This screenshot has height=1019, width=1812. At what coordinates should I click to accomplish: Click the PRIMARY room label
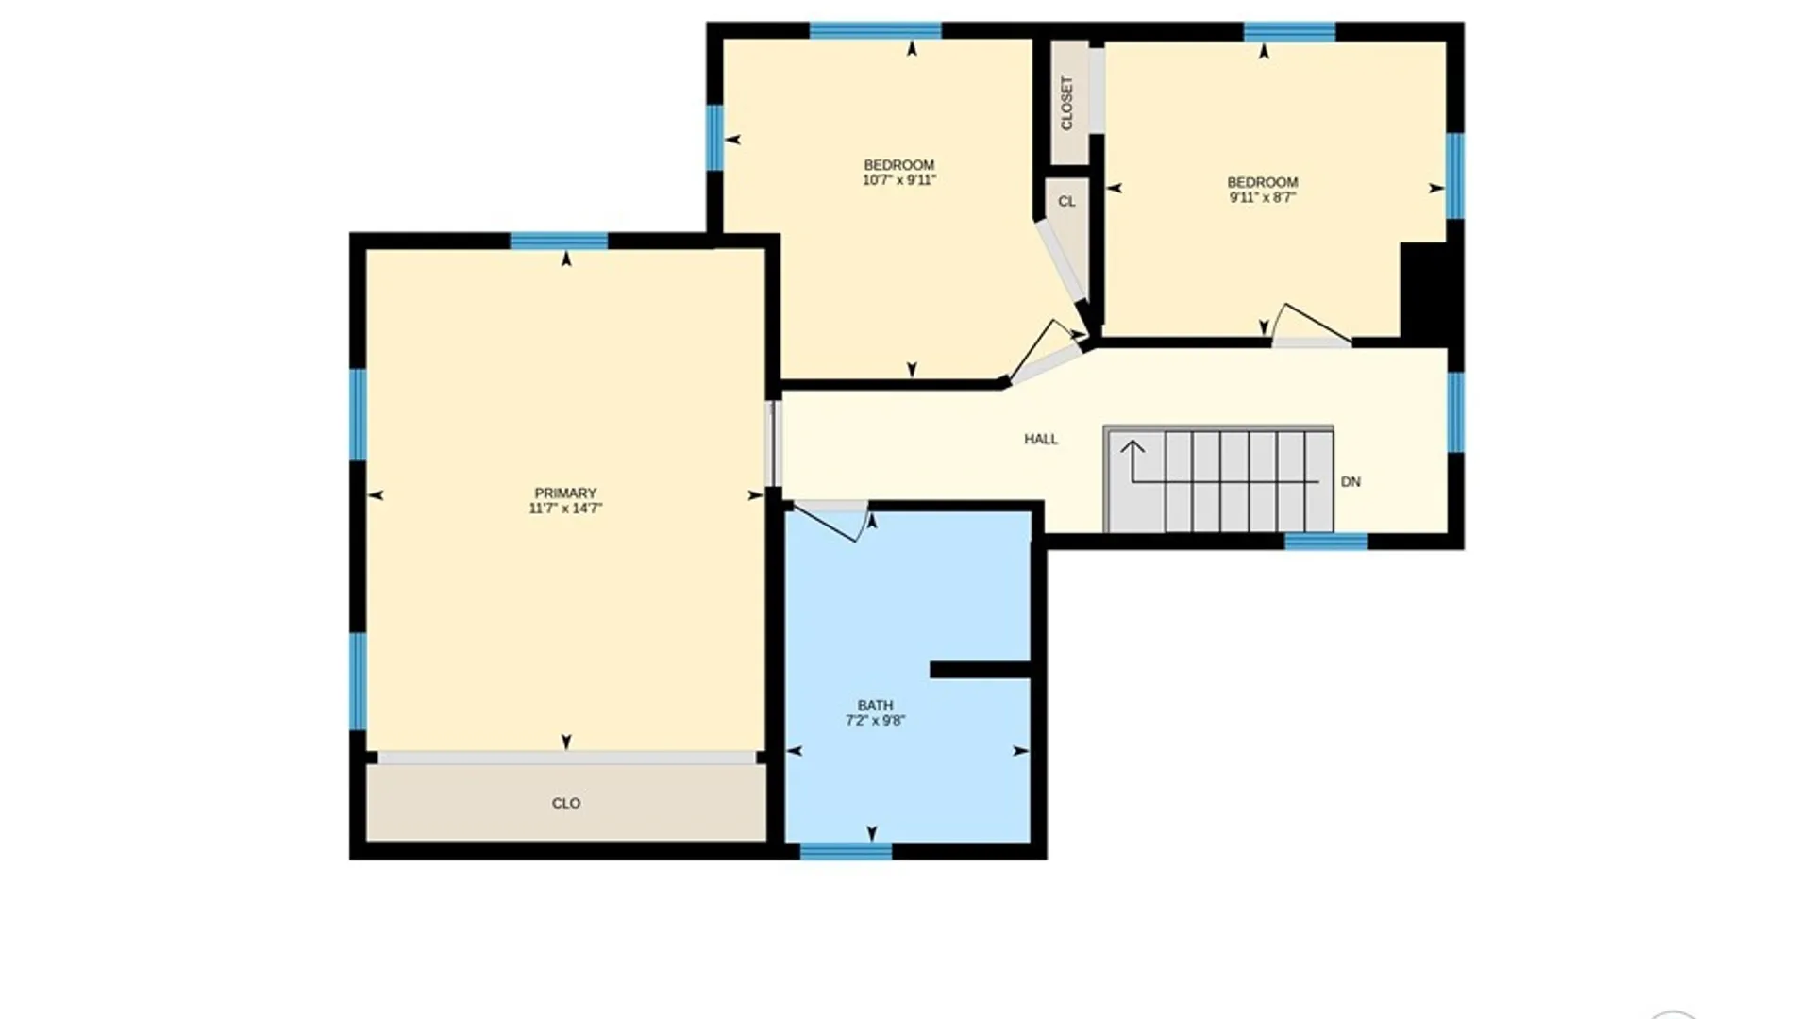(565, 493)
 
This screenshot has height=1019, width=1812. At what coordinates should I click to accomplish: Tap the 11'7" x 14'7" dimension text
(565, 509)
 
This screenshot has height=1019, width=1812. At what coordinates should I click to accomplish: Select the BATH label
(875, 705)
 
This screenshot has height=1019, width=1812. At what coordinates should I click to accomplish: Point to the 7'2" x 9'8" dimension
(875, 721)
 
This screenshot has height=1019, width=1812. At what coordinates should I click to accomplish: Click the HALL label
(1041, 439)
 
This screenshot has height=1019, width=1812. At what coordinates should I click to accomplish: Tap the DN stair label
(1351, 481)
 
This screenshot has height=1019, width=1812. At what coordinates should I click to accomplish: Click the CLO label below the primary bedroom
(566, 803)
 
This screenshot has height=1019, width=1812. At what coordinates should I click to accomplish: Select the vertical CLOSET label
(1067, 103)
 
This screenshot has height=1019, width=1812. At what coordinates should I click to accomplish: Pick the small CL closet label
(1066, 201)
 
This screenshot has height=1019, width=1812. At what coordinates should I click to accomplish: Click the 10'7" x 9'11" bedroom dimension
(898, 180)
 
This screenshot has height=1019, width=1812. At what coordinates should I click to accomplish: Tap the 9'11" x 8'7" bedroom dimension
(1262, 197)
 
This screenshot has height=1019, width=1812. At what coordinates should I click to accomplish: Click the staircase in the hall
(1218, 479)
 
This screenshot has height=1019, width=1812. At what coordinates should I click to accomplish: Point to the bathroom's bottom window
(846, 851)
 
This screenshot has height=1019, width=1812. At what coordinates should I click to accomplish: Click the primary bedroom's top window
(559, 241)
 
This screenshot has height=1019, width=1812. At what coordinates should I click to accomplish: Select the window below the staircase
(1326, 542)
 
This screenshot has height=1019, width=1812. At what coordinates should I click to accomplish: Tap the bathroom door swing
(830, 522)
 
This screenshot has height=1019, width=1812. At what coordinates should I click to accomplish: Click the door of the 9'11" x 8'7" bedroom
(1312, 326)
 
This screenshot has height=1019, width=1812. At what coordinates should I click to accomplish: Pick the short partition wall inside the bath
(981, 670)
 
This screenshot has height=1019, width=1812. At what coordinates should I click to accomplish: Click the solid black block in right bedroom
(1424, 291)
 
